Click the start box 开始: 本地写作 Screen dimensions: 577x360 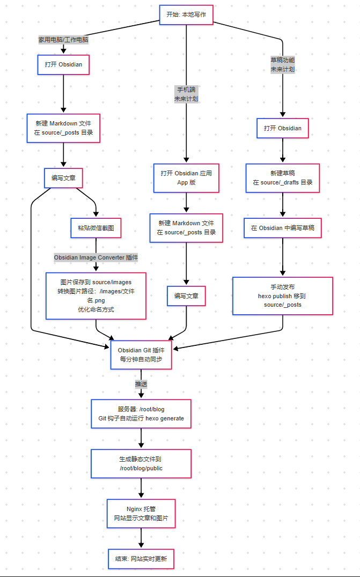[x=186, y=15]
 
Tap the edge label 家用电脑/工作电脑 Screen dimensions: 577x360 [x=63, y=40]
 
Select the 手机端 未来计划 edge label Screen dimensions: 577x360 [x=186, y=94]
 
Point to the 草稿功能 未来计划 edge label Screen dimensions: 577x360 [x=283, y=65]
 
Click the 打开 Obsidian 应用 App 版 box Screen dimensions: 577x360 [x=186, y=177]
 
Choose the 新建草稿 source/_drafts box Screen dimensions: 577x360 [x=283, y=177]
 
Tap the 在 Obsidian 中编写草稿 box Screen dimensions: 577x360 [x=283, y=228]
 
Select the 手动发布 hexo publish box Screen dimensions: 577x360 [x=283, y=295]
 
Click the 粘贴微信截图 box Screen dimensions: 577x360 [x=96, y=228]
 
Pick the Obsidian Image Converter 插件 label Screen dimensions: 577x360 [x=96, y=257]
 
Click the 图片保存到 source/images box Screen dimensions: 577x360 [x=96, y=295]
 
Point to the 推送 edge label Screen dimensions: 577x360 [x=141, y=384]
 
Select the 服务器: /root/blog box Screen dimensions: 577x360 [x=141, y=413]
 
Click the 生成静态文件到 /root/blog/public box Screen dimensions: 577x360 [x=141, y=463]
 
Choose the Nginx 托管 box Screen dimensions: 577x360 [x=141, y=513]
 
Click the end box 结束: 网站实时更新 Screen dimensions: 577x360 [x=141, y=559]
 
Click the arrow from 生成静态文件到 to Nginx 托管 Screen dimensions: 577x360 [x=141, y=488]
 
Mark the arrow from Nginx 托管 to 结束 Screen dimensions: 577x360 [x=141, y=538]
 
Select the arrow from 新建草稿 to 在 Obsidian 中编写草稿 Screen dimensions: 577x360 [x=283, y=205]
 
